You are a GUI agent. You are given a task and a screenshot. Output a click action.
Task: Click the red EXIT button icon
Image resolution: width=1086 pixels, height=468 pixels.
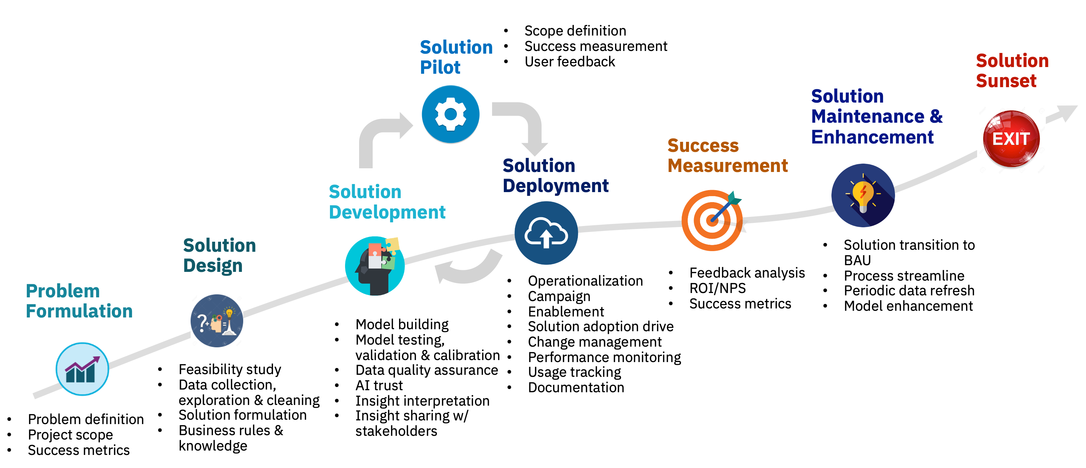[1011, 139]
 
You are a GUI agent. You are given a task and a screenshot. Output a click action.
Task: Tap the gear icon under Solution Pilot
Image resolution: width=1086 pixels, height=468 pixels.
[451, 114]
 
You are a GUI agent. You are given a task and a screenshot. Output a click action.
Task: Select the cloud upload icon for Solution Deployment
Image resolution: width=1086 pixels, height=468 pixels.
[546, 233]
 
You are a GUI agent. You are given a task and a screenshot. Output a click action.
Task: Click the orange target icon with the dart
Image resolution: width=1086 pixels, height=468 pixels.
[712, 220]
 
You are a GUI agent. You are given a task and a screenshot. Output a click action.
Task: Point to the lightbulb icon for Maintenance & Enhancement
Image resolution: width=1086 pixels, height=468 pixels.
[863, 195]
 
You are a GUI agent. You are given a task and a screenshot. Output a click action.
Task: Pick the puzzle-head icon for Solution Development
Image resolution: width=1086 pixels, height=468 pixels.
[375, 266]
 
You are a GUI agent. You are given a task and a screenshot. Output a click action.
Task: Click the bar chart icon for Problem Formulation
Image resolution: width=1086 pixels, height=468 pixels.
[82, 369]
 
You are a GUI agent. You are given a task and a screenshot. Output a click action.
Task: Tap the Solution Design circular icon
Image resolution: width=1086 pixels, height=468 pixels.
[217, 321]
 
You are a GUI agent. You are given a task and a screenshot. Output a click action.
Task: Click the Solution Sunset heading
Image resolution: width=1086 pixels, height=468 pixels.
[1012, 70]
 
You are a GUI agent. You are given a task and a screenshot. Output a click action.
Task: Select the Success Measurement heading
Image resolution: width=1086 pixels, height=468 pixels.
[728, 155]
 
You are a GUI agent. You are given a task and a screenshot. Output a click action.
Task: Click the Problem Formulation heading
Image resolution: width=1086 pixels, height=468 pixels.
[79, 301]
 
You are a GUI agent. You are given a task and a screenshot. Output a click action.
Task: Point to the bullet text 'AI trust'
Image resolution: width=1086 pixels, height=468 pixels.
[379, 385]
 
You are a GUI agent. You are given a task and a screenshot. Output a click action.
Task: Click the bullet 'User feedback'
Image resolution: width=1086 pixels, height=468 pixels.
[569, 62]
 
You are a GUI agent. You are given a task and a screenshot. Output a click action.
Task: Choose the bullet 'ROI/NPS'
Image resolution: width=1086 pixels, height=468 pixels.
[718, 288]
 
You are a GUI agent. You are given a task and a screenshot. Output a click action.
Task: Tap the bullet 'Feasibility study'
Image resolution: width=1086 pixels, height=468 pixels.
[230, 369]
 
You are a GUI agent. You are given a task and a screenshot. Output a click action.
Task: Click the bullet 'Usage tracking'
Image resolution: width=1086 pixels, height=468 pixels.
[574, 372]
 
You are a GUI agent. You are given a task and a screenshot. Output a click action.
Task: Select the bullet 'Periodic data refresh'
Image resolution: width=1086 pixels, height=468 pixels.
[909, 290]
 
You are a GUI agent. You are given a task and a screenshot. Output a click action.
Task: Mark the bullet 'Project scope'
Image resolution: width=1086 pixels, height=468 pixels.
[70, 435]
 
